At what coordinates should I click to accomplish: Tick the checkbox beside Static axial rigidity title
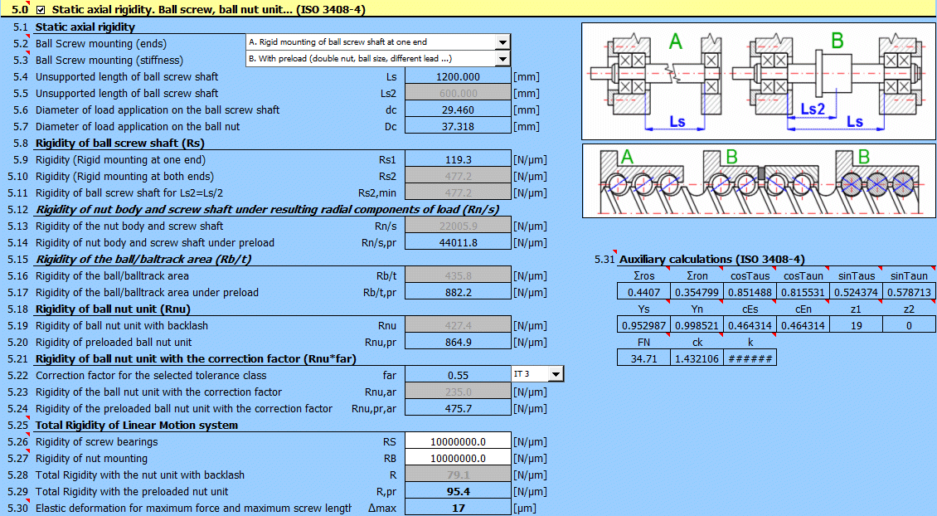(41, 10)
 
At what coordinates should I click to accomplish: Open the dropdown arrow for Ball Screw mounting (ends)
(502, 42)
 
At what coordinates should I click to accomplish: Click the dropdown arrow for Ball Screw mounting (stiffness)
(502, 59)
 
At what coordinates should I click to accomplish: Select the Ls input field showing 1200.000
(457, 76)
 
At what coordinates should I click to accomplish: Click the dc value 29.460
(457, 110)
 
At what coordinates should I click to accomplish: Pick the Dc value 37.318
(457, 126)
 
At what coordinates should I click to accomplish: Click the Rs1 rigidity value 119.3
(457, 159)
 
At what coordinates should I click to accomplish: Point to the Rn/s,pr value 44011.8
(457, 242)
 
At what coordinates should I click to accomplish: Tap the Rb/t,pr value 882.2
(457, 292)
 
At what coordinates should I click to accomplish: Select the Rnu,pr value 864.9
(457, 342)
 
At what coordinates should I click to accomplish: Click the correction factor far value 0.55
(457, 375)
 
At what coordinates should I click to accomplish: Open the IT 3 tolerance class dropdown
(555, 374)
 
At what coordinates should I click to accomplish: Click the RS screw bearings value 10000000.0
(457, 441)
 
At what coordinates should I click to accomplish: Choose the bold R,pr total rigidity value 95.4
(457, 491)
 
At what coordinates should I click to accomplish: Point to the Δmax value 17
(457, 508)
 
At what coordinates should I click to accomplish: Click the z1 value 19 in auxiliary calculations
(857, 325)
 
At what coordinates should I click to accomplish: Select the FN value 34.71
(643, 358)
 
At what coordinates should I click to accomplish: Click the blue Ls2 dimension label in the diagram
(813, 109)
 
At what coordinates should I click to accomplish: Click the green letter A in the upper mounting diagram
(676, 42)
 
